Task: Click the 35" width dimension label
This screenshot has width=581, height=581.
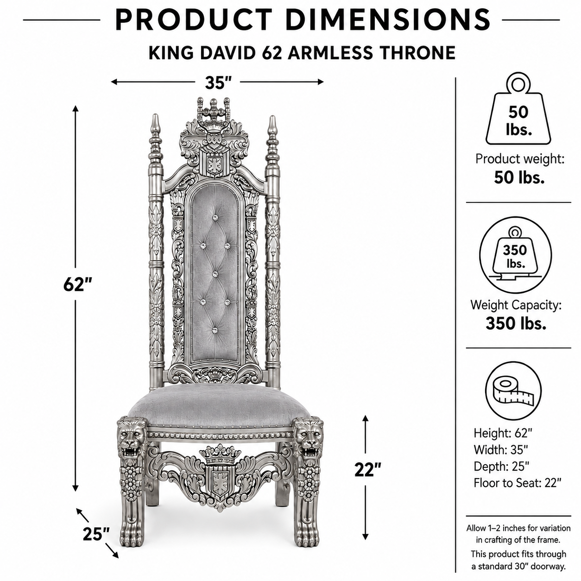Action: (218, 82)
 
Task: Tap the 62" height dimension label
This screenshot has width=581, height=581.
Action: (77, 284)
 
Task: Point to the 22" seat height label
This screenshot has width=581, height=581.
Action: (368, 469)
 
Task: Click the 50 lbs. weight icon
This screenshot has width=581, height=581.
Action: (518, 108)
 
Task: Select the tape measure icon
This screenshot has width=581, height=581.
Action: (513, 392)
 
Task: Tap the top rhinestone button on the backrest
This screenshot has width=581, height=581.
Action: (215, 217)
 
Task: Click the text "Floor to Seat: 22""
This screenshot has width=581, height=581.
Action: (518, 483)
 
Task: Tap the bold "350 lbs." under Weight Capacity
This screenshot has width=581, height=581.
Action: (516, 323)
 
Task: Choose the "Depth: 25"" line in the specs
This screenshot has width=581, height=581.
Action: (501, 466)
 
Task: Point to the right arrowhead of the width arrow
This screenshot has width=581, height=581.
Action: (320, 82)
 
